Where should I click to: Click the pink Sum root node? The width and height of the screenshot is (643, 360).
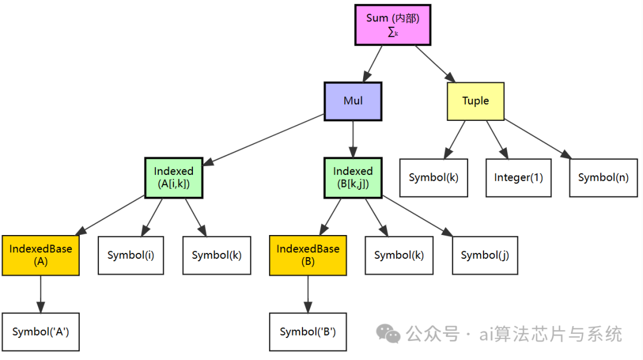392,25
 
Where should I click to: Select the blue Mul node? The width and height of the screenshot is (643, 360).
352,101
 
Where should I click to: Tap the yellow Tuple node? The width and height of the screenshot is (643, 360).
475,101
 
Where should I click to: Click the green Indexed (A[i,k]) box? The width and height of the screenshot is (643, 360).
173,178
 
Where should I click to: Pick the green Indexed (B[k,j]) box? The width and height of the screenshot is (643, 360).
352,178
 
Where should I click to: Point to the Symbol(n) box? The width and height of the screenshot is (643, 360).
603,178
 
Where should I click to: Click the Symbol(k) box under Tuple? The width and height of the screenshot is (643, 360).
433,178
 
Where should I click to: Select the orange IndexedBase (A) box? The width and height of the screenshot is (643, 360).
40,255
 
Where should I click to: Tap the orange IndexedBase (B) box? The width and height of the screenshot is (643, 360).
308,255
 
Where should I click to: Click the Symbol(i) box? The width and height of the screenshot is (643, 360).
130,255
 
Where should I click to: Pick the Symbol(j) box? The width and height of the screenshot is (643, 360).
484,255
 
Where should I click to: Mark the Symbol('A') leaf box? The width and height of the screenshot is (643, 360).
40,332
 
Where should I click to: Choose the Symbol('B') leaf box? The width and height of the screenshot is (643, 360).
308,332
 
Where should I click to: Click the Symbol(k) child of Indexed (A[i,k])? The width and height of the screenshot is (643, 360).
216,255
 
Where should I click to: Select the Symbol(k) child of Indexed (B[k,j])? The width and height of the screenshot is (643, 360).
399,255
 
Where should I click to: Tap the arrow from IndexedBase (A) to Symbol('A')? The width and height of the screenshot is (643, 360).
40,294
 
